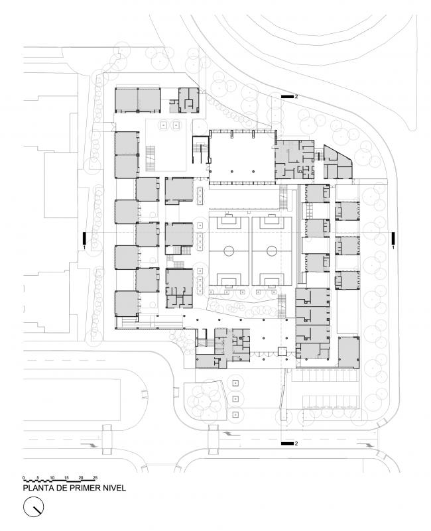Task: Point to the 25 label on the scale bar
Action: pos(95,477)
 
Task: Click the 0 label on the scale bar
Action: pos(23,477)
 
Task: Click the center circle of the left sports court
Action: pos(227,251)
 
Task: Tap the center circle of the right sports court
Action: pos(271,251)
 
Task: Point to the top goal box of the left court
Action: pos(227,223)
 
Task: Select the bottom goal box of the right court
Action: pos(271,280)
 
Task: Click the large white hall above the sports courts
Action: pos(241,158)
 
